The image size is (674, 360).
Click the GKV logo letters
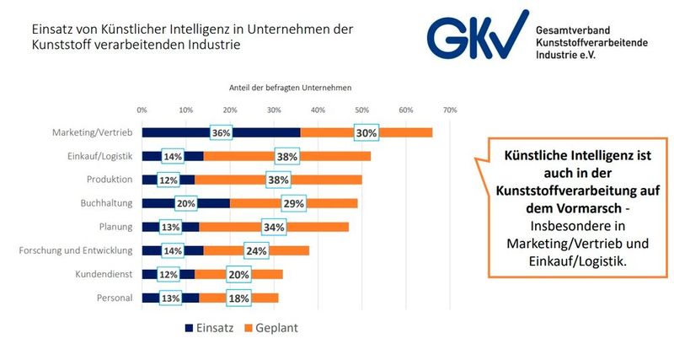click(475, 35)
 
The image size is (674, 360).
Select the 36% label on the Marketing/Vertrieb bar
click(222, 132)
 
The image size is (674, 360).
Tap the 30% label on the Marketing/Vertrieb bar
click(366, 132)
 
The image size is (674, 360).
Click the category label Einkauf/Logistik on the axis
click(100, 156)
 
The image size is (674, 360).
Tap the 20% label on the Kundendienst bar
click(238, 274)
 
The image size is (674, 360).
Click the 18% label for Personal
click(238, 298)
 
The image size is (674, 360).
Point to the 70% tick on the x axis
click(450, 110)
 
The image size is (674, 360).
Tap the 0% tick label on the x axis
click(142, 110)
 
